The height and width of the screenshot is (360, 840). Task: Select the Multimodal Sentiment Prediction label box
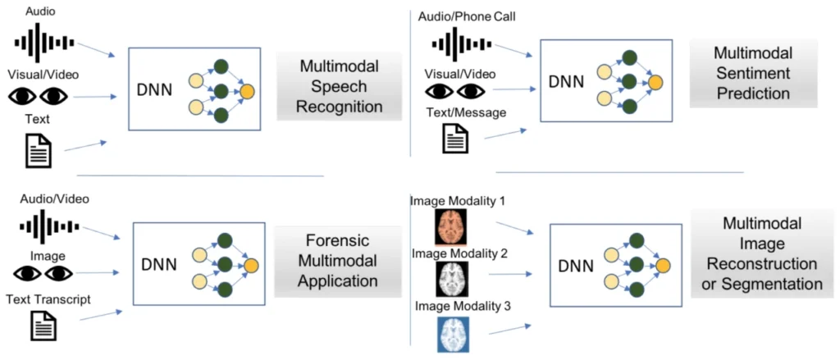coord(753,73)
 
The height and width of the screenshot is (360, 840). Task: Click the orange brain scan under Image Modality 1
coord(450,226)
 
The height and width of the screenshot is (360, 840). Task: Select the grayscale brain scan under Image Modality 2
coord(450,280)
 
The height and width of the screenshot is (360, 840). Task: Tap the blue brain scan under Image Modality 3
coord(450,335)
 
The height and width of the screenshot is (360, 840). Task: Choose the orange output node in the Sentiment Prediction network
coord(655,80)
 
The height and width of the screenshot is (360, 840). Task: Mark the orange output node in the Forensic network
coord(250,264)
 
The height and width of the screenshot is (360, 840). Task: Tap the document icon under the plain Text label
coord(39,150)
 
